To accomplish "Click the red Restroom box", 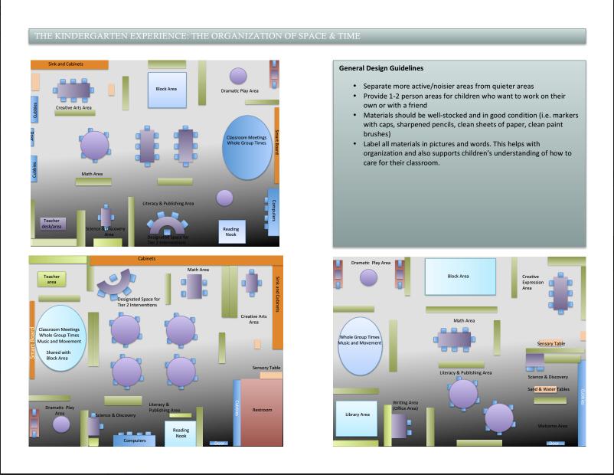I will point(263,410).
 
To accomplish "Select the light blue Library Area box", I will point(354,414).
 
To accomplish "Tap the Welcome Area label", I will point(552,426).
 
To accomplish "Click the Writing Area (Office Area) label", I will point(406,405).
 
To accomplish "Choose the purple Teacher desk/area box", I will point(52,223).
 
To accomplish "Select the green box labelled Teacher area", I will point(52,280).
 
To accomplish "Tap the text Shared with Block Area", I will point(58,355).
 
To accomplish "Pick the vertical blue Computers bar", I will point(273,209).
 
